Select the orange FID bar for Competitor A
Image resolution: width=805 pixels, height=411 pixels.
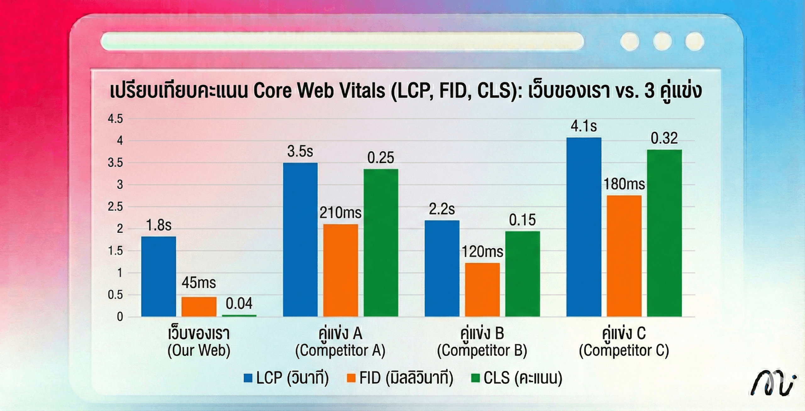341,270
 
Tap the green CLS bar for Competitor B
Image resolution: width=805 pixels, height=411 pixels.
523,274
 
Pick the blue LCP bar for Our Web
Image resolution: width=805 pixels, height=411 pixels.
158,277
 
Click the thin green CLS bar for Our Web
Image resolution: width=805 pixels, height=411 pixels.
239,315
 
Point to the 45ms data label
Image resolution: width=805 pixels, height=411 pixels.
199,283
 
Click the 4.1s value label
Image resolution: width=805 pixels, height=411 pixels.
584,126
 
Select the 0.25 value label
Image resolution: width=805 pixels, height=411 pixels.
380,158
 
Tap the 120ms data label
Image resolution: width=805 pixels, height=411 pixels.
482,252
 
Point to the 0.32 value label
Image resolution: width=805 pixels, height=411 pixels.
664,138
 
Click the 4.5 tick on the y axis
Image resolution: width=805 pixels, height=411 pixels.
115,119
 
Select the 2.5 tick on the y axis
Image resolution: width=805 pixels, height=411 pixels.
115,207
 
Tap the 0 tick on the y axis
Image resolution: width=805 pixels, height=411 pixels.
120,317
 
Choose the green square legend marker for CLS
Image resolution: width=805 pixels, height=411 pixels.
475,378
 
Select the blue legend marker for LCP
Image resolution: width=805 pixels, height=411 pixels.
248,378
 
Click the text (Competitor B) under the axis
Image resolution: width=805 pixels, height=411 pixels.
482,351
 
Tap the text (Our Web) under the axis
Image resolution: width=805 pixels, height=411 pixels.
199,351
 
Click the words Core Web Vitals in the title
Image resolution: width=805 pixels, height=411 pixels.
319,91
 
